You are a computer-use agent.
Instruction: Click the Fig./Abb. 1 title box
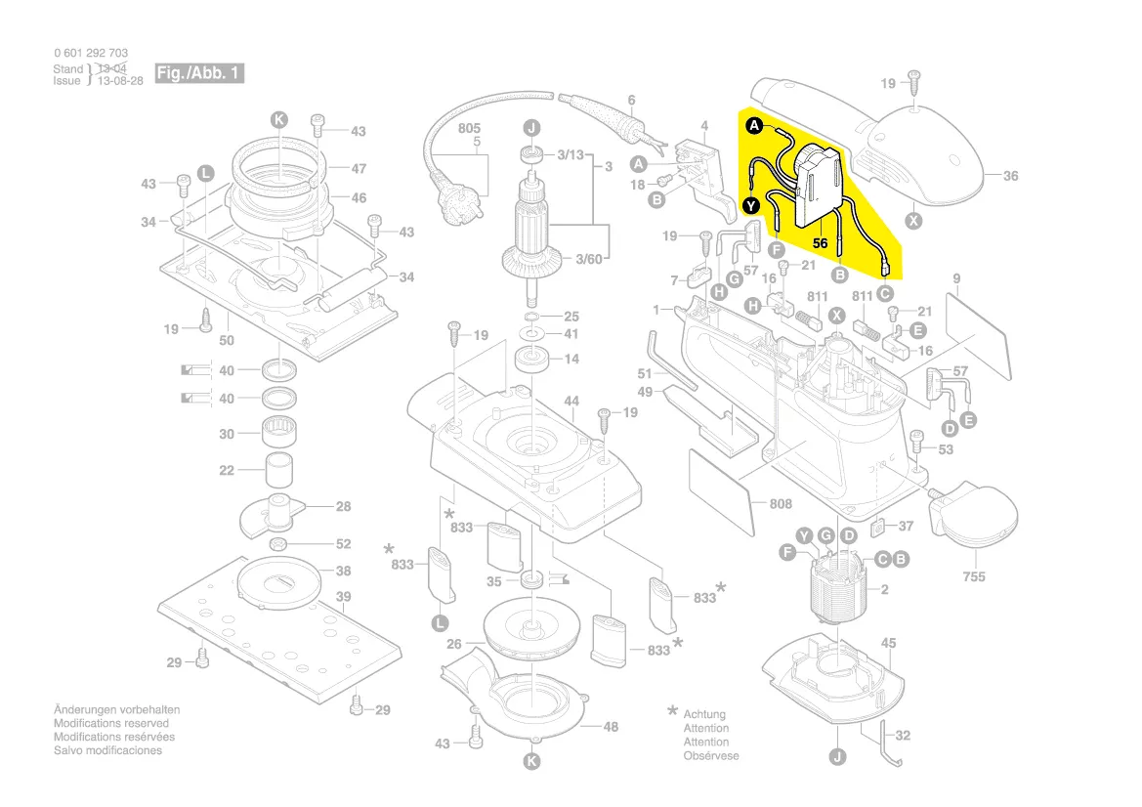(199, 73)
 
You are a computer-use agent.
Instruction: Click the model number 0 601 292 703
(90, 53)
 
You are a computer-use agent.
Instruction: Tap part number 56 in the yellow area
(820, 241)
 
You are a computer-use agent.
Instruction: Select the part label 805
(469, 128)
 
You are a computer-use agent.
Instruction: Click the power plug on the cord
(461, 208)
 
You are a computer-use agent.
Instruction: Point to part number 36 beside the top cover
(1010, 176)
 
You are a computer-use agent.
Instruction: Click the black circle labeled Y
(750, 205)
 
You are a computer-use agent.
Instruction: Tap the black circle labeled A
(754, 126)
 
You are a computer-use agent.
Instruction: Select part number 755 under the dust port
(973, 576)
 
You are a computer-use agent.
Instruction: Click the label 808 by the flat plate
(780, 504)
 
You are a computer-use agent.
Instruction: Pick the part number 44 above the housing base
(571, 402)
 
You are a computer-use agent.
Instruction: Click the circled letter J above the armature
(530, 128)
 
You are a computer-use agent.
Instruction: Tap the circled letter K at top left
(279, 119)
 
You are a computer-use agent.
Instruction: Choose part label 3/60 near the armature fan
(589, 259)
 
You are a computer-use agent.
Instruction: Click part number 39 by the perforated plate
(343, 596)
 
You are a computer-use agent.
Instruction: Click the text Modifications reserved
(110, 723)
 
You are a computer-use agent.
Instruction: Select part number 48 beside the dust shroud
(611, 726)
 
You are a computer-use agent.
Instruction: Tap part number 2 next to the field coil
(883, 589)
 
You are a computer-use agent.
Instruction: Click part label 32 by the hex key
(902, 735)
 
